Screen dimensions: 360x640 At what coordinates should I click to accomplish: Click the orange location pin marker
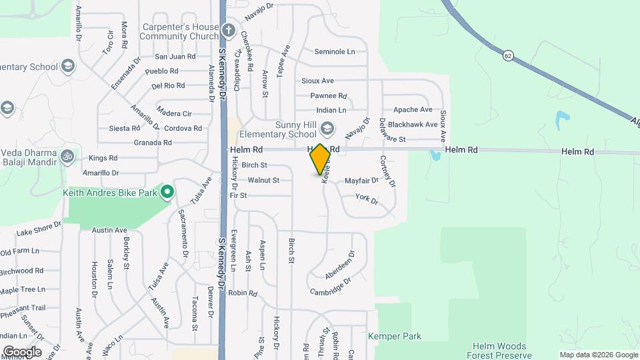pos(320,159)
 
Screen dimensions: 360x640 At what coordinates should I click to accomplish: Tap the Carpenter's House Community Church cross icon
pos(229,30)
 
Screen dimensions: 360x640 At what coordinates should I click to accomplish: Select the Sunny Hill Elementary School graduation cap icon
pos(327,127)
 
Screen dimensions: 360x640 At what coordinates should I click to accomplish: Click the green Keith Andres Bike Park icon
pos(167,193)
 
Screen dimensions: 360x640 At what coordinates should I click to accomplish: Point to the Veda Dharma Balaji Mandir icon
pos(67,156)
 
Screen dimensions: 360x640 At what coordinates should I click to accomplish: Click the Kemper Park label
pos(394,337)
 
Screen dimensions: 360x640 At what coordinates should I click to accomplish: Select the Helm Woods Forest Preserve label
pos(499,351)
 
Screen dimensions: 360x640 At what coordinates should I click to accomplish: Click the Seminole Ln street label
pos(340,51)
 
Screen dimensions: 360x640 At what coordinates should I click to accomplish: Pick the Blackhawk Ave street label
pos(412,124)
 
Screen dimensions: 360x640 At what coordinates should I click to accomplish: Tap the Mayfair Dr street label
pos(361,180)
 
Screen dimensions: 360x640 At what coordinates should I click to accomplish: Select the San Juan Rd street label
pos(175,57)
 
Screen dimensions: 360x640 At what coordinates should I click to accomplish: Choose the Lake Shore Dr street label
pos(39,229)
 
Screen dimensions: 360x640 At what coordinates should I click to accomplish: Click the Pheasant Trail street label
pos(23,308)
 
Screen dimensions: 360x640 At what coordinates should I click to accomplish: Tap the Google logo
pos(21,351)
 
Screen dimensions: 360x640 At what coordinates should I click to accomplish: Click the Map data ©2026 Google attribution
pos(598,355)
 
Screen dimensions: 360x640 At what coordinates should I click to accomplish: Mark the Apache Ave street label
pos(413,109)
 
